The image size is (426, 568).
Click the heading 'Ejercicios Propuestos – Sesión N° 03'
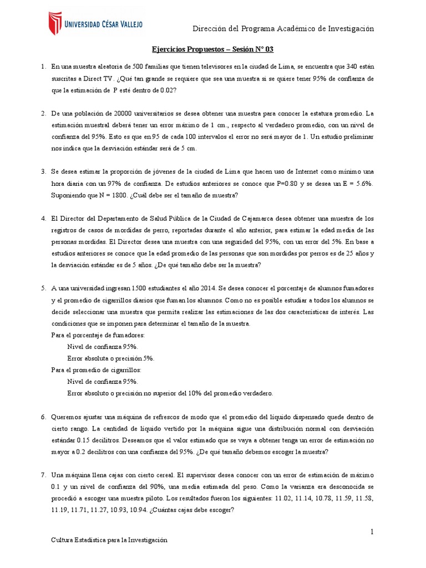[212, 50]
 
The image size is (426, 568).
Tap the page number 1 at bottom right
[373, 532]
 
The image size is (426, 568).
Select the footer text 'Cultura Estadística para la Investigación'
[109, 540]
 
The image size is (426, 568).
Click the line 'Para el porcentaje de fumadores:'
[98, 336]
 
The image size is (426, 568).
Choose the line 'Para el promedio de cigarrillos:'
[96, 370]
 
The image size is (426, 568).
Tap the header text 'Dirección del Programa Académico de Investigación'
[283, 28]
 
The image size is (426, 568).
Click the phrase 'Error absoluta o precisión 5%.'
[110, 358]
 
